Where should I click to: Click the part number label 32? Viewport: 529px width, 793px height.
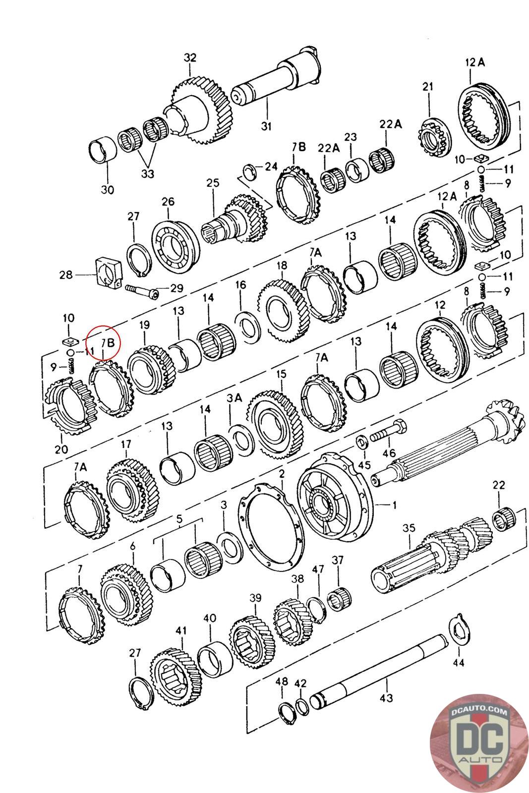tap(190, 57)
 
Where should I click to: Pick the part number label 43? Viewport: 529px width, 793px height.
tap(386, 698)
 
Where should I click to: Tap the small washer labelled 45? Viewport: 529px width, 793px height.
tap(361, 441)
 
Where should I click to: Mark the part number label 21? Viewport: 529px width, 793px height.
tap(427, 87)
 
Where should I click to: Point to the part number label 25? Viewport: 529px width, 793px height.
tap(213, 183)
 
